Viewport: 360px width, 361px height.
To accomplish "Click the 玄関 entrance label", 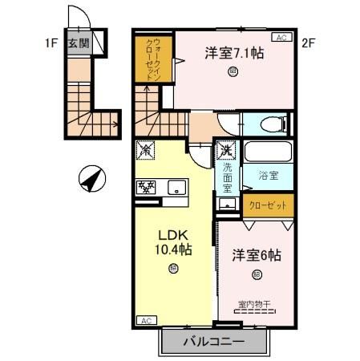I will [x=78, y=43].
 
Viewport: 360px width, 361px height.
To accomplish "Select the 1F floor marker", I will [x=51, y=43].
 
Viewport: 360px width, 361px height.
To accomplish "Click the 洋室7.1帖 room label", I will [x=235, y=54].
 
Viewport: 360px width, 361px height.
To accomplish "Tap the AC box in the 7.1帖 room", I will [x=282, y=38].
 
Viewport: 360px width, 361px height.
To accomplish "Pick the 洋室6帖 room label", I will [x=257, y=256].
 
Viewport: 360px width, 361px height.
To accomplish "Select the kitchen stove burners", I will [x=148, y=188].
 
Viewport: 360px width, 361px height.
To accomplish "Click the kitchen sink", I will [x=176, y=189].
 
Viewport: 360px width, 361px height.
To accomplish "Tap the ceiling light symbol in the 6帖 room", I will [x=257, y=275].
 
